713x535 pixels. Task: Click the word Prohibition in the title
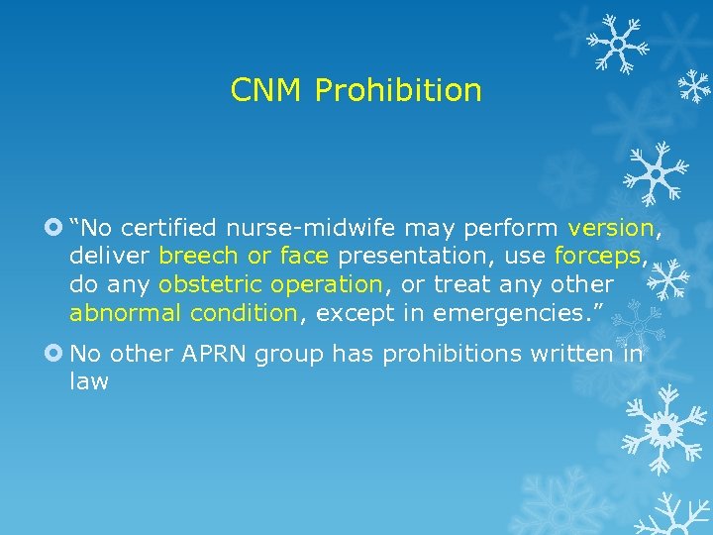click(x=398, y=91)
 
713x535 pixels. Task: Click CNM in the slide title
click(x=267, y=91)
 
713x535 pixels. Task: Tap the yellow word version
click(x=610, y=228)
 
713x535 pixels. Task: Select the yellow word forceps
click(x=600, y=257)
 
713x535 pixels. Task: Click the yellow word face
click(x=304, y=257)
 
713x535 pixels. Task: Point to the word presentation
click(x=415, y=257)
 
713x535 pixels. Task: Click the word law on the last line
click(x=89, y=381)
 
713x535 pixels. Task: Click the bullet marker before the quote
click(x=53, y=228)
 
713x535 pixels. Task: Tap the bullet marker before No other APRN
click(x=53, y=353)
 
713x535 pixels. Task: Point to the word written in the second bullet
click(x=578, y=353)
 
